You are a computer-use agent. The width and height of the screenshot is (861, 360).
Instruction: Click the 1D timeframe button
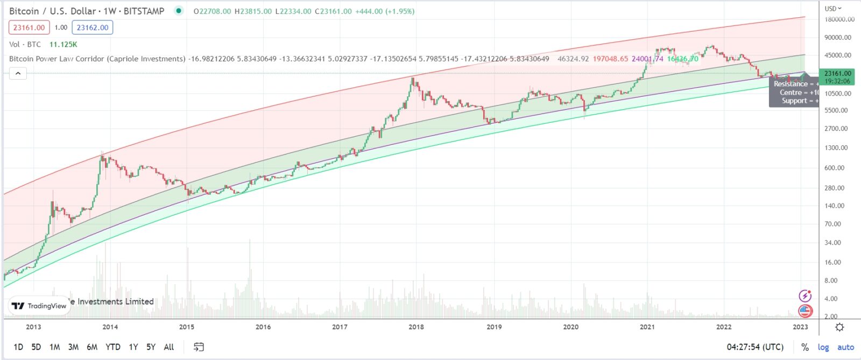(18, 347)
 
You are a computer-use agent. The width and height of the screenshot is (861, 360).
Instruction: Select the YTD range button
(113, 347)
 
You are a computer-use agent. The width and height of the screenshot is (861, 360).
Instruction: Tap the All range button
(168, 347)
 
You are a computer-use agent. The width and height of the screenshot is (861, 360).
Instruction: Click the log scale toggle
(823, 347)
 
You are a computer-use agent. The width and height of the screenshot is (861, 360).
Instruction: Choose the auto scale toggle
(845, 347)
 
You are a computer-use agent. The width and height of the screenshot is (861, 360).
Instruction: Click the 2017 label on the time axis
(340, 327)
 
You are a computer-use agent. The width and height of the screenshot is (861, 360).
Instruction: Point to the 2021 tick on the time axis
(647, 327)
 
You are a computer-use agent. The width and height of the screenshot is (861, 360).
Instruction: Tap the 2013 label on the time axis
(33, 327)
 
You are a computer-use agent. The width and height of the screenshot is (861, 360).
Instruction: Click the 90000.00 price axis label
(838, 38)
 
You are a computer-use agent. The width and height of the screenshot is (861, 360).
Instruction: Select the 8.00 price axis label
(831, 280)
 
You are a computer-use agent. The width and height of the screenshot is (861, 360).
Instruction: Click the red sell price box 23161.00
(29, 27)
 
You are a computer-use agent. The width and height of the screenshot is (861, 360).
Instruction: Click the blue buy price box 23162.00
(93, 27)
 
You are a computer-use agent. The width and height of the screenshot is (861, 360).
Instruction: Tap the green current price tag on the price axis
(837, 77)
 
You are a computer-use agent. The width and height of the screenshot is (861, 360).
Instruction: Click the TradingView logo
(39, 306)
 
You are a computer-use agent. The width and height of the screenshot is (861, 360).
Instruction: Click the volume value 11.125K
(63, 45)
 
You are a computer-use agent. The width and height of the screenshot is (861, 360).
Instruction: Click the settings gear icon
(839, 327)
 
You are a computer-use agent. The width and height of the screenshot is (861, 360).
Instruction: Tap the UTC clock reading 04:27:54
(755, 347)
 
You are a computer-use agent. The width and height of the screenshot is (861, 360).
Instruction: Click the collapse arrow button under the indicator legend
(18, 73)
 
